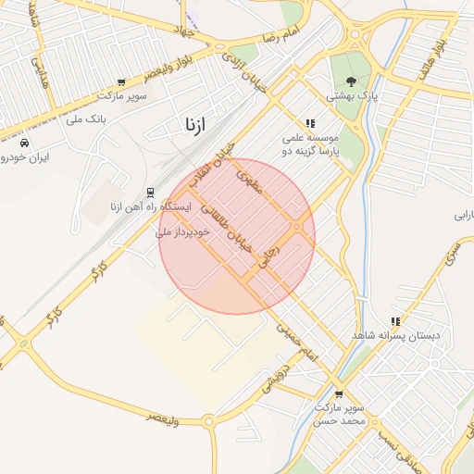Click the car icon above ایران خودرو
(x=23, y=143)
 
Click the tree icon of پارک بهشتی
(x=349, y=81)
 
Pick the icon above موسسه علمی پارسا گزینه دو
(x=310, y=122)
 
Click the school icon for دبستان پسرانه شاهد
(x=395, y=321)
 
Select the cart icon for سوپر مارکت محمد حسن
(x=338, y=393)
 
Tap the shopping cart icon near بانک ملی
(x=119, y=82)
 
